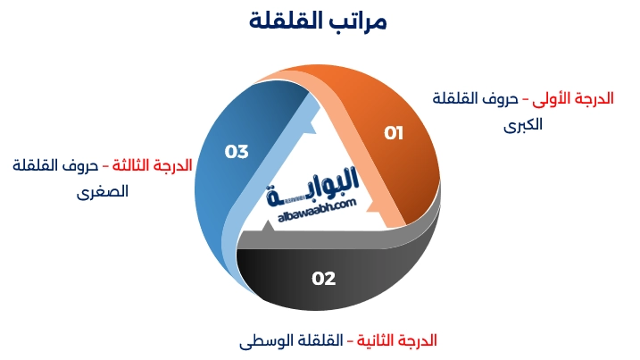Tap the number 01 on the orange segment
394,133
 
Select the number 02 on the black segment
323,279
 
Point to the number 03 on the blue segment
237,151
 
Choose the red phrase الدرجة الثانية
397,340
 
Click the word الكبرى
523,124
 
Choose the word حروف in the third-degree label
80,165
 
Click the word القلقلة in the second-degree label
319,340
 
